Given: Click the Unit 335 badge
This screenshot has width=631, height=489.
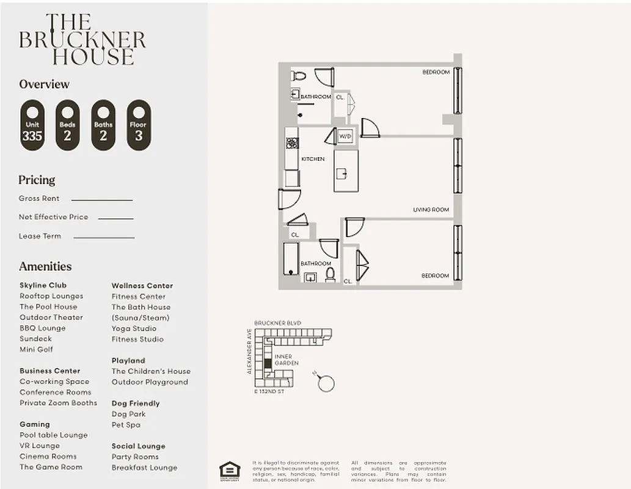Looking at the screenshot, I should point(32,125).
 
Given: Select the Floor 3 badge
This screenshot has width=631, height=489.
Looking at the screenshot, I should point(139,125).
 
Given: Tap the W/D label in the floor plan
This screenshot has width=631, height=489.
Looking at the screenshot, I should point(345,136).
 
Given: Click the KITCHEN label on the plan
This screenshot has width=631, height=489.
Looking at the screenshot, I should point(313,159).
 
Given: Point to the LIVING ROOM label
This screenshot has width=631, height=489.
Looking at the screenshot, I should point(431,210).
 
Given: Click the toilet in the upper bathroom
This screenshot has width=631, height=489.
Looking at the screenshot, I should point(299,76).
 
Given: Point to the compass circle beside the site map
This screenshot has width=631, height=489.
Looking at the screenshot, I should point(326,383).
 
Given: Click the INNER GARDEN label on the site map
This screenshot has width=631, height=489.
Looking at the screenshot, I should point(286,359).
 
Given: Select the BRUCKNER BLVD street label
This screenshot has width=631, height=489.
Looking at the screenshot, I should point(278,323).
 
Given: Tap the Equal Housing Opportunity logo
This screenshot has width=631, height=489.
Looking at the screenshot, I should point(230,470).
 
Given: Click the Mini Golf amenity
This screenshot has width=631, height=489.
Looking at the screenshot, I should point(36,350).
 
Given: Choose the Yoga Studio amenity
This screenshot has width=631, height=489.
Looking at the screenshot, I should point(134,328).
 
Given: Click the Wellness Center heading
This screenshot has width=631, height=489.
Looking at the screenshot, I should point(142,285).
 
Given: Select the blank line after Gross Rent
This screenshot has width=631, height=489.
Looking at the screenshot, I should point(101,199).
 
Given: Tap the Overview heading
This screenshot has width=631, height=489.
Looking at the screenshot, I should point(44,84).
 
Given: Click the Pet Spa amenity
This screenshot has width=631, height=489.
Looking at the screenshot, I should point(126,425).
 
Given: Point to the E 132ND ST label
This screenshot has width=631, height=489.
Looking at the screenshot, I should point(269,391).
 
